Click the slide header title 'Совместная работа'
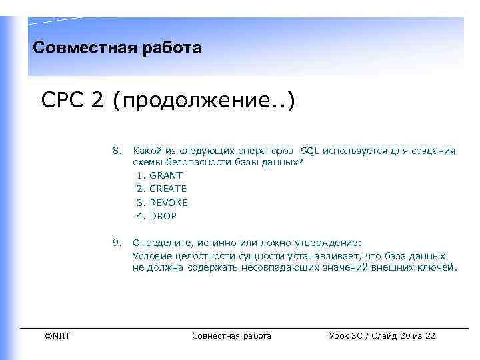click(x=117, y=48)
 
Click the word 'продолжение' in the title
click(x=199, y=103)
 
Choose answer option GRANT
click(x=166, y=175)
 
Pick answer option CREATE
click(x=168, y=189)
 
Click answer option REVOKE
click(x=169, y=203)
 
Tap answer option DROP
click(x=163, y=216)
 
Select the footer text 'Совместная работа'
click(x=231, y=335)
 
